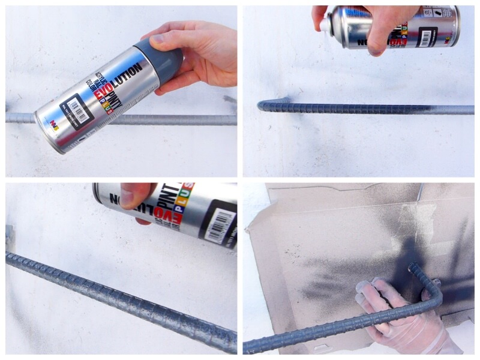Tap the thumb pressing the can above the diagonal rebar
pos(135,197)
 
